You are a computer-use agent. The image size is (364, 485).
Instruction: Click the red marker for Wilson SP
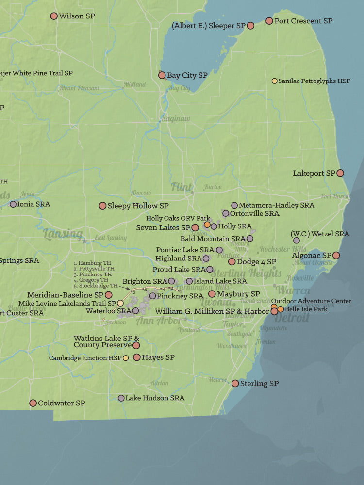(x=54, y=16)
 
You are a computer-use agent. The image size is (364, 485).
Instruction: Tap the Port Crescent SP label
(x=303, y=21)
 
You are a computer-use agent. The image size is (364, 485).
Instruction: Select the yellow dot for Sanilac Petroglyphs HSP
(x=275, y=81)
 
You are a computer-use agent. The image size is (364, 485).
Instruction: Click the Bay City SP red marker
(x=162, y=75)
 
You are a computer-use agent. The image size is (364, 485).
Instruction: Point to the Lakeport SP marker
(x=340, y=173)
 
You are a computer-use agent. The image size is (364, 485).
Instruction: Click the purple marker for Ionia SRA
(x=13, y=204)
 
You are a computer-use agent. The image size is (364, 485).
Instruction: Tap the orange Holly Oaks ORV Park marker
(x=207, y=225)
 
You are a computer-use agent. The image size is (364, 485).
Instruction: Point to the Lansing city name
(x=63, y=234)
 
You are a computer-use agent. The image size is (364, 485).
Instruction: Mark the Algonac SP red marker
(x=336, y=255)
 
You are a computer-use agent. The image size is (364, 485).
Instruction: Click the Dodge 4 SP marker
(x=232, y=261)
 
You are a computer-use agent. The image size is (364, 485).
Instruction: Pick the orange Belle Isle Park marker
(x=281, y=309)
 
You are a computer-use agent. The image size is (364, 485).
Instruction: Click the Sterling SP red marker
(x=235, y=383)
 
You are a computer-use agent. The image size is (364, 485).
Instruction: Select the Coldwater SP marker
(x=33, y=403)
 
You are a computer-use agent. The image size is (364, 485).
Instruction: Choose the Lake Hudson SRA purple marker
(x=121, y=398)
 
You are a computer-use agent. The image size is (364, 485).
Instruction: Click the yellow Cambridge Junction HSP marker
(x=126, y=358)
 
